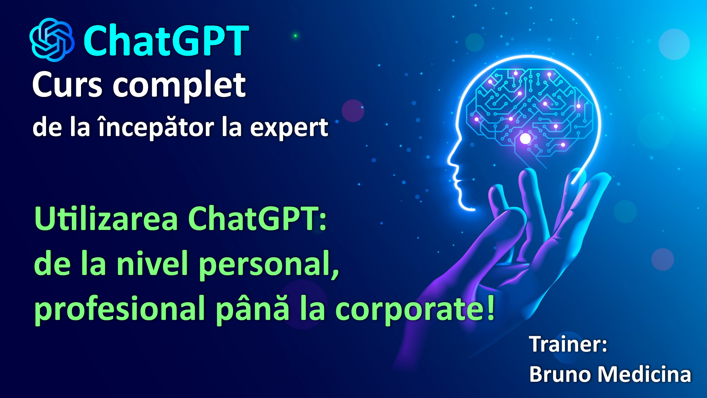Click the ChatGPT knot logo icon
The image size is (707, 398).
pyautogui.click(x=52, y=40)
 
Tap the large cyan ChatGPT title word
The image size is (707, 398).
pyautogui.click(x=166, y=41)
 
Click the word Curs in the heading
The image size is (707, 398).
pyautogui.click(x=67, y=85)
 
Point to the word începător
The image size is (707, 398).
pyautogui.click(x=156, y=128)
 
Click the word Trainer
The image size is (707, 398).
pyautogui.click(x=565, y=344)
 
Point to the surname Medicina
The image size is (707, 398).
pyautogui.click(x=644, y=374)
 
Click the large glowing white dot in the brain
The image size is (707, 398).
pyautogui.click(x=525, y=139)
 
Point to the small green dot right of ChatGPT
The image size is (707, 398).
pyautogui.click(x=295, y=36)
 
